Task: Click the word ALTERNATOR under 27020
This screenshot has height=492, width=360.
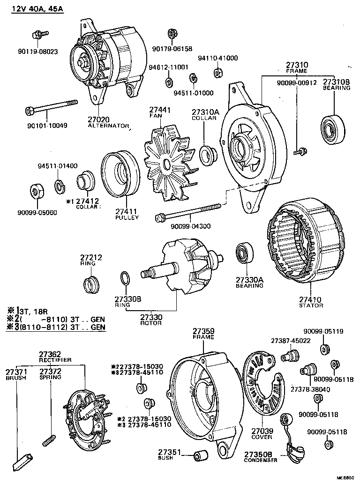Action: pyautogui.click(x=108, y=126)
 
